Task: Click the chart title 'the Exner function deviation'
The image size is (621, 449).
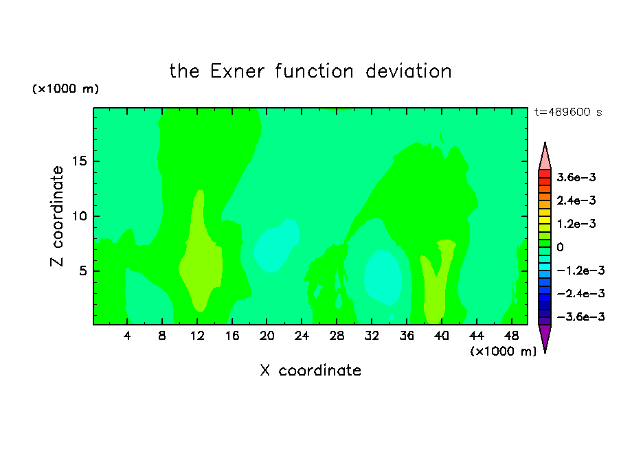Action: (x=310, y=71)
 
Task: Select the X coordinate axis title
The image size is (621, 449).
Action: (x=310, y=371)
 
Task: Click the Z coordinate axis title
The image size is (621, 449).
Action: (x=56, y=216)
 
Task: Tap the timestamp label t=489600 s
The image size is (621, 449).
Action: (x=568, y=112)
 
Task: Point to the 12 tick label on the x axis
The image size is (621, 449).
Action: (x=197, y=336)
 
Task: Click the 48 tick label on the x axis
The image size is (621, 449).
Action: (x=511, y=336)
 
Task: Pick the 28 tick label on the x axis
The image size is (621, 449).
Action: (x=337, y=336)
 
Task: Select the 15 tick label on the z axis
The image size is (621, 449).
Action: (x=79, y=161)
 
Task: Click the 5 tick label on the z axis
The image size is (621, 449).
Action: (x=82, y=271)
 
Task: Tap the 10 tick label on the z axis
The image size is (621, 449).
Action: (x=79, y=216)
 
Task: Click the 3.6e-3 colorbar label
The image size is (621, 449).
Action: (x=576, y=177)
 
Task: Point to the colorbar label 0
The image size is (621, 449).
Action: (x=560, y=247)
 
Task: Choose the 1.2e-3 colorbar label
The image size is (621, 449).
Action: (x=576, y=224)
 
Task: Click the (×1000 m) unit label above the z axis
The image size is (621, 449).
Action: (x=65, y=89)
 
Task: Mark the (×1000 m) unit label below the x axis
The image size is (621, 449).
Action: (x=503, y=352)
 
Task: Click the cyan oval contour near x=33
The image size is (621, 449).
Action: (x=383, y=277)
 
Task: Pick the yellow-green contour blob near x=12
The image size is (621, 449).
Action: (x=201, y=257)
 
